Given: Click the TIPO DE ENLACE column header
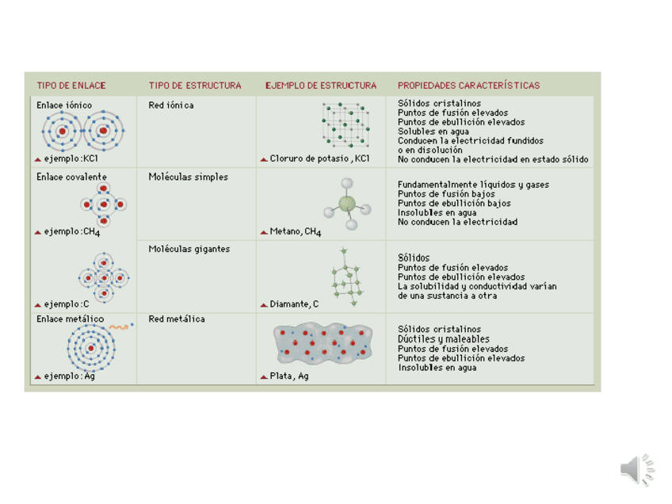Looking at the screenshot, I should tap(71, 86).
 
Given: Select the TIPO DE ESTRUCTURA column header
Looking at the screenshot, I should tap(195, 86).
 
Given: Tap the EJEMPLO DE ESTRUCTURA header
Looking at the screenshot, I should tap(321, 86).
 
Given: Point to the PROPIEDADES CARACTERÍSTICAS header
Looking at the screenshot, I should tap(468, 86).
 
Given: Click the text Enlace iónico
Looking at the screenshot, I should tap(64, 105).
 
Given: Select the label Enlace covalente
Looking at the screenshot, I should tap(71, 177).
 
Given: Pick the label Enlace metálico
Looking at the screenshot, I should tap(70, 319).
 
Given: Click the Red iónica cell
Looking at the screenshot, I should tap(171, 105).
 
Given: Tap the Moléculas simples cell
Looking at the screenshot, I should tap(188, 177).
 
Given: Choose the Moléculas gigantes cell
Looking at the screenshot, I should tap(189, 249).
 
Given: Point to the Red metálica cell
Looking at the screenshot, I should tap(177, 319).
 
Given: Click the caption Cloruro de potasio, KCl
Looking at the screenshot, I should tap(319, 158).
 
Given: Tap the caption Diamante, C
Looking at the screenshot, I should tap(294, 304).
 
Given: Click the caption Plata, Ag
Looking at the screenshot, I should tap(288, 376).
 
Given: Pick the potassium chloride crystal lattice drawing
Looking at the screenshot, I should tap(345, 125).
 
